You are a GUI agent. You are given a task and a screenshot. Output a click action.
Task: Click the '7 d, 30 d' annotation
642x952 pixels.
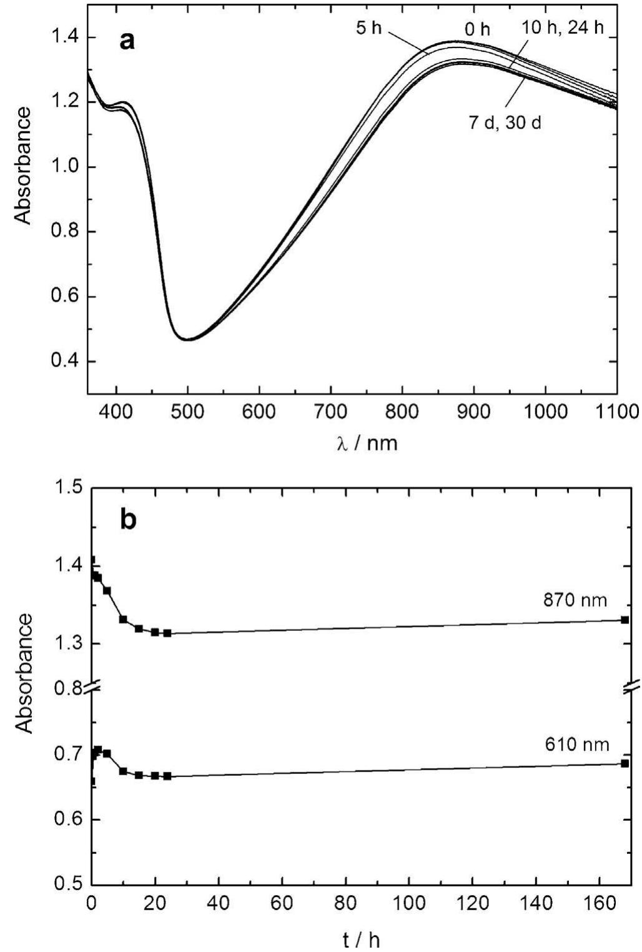pyautogui.click(x=505, y=122)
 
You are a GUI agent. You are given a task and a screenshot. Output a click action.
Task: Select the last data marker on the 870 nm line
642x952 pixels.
pyautogui.click(x=625, y=620)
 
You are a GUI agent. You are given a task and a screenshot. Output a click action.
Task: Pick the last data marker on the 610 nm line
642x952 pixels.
pyautogui.click(x=625, y=763)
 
